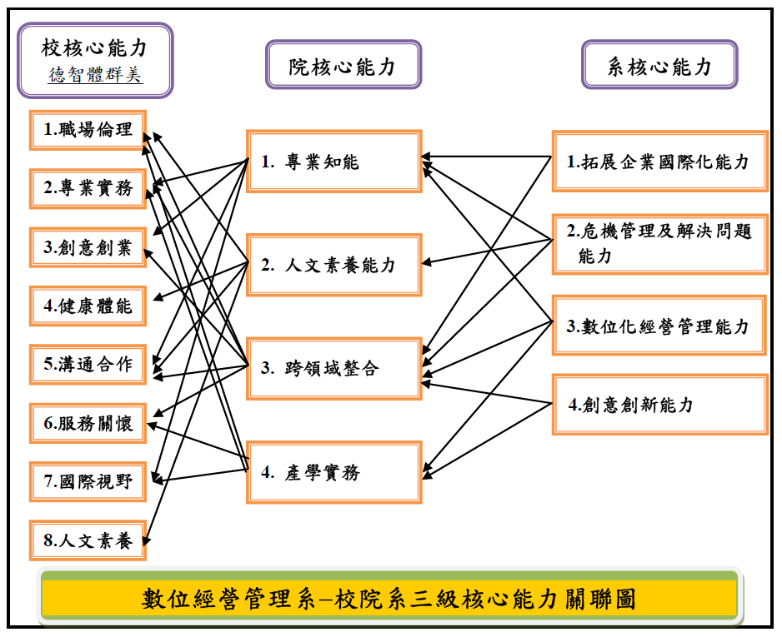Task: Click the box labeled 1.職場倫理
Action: pos(88,131)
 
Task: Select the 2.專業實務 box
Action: pos(88,189)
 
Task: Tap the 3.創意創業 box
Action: pos(88,247)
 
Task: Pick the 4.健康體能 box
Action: pos(88,306)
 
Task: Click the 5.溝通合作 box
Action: pos(88,364)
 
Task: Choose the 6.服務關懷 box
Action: pos(88,422)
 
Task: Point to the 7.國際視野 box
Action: pos(88,481)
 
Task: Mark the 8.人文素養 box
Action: pos(88,540)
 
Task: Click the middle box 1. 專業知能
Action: pos(333,162)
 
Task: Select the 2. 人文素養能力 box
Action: pos(333,266)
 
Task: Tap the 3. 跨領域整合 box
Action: pos(333,368)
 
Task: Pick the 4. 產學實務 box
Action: pos(333,472)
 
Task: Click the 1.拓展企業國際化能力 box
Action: pos(659,162)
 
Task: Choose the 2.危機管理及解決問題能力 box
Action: pos(659,243)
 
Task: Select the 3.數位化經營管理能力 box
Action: pos(659,326)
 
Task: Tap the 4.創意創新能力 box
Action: pos(659,405)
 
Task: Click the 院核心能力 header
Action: pos(343,66)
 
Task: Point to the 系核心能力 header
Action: pos(659,66)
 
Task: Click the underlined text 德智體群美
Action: pos(95,76)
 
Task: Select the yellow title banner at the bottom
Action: pos(389,599)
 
